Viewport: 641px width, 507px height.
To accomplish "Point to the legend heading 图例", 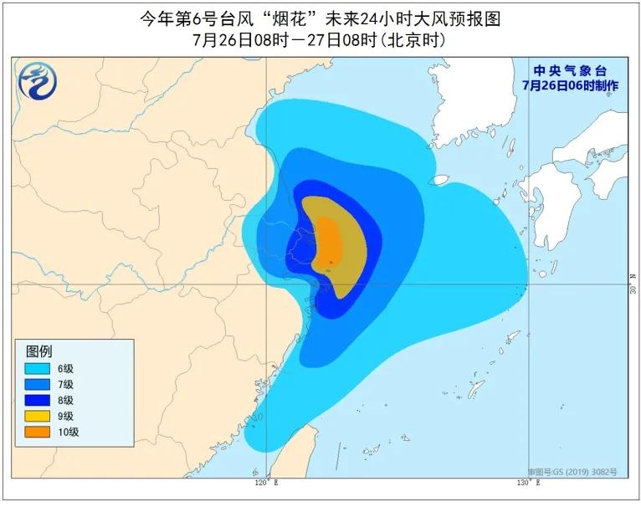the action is tap(39, 351).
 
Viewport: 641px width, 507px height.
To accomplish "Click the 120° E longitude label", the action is tap(265, 484).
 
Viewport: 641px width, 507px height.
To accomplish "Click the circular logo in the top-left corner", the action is tap(36, 80).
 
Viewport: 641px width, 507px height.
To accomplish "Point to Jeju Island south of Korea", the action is tap(438, 179).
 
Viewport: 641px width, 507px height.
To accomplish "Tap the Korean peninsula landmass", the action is tap(469, 109).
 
